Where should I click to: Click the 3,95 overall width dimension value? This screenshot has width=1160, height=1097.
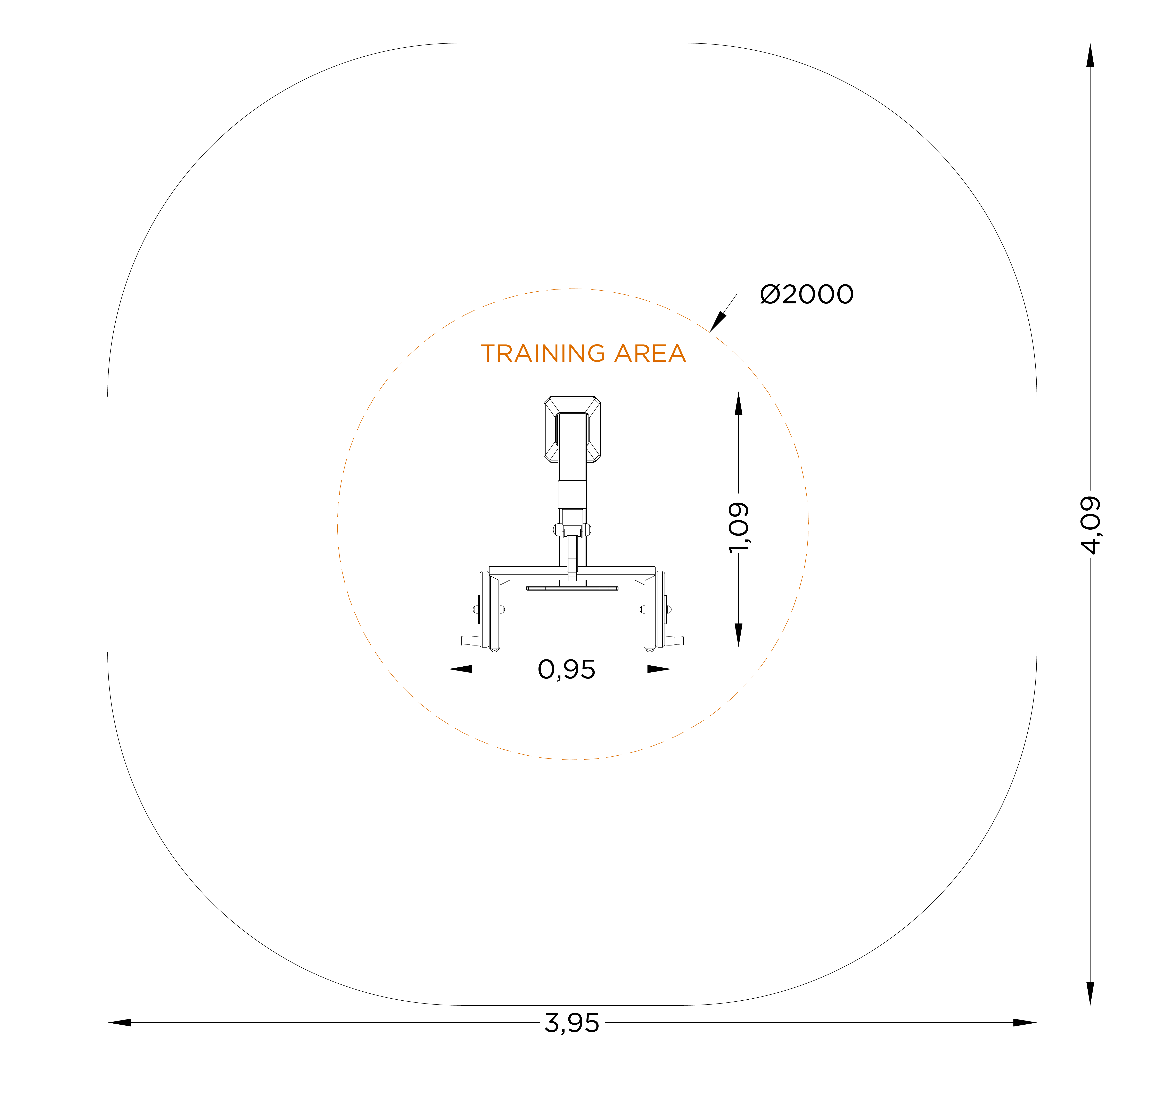[572, 1023]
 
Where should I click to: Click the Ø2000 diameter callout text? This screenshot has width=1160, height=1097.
[807, 294]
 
